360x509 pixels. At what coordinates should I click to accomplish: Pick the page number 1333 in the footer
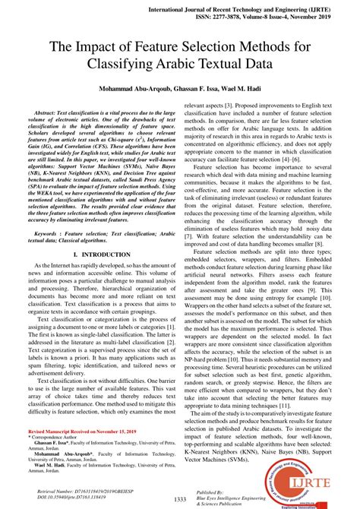(x=179, y=498)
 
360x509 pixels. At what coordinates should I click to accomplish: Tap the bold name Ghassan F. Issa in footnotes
(x=56, y=463)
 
